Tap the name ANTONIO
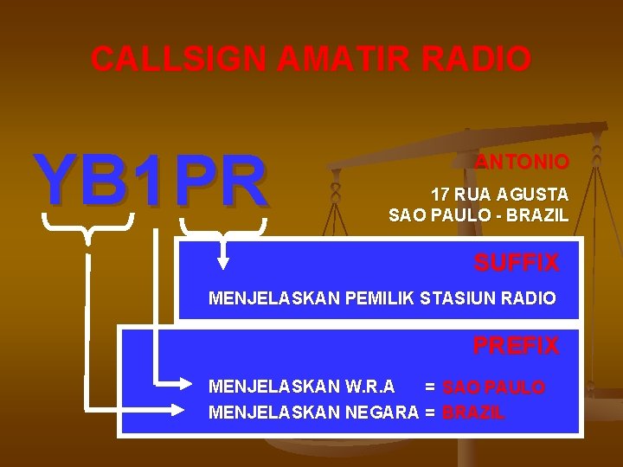tap(523, 163)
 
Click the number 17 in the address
tap(441, 195)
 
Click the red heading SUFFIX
tap(516, 263)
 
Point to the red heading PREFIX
tap(516, 346)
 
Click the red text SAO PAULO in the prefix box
tap(493, 387)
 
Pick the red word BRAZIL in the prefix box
tap(473, 413)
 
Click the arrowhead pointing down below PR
tap(223, 260)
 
